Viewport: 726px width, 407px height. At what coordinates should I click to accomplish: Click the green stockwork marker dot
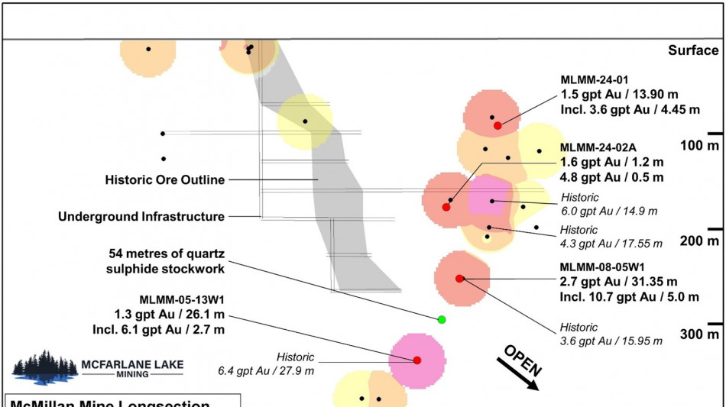441,319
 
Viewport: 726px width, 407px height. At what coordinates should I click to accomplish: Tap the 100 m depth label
701,145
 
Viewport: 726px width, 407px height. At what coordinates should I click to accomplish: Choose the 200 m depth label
701,241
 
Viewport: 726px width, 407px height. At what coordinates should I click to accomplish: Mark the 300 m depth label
701,334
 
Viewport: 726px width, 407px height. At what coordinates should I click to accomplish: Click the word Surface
693,50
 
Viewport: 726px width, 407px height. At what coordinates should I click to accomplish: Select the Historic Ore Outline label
164,180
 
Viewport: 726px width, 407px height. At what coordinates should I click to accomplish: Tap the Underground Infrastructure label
141,217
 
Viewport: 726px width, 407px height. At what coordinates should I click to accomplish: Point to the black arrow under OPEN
517,374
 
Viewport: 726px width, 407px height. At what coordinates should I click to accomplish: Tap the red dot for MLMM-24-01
498,125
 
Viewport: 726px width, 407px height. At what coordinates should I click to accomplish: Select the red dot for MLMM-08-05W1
459,279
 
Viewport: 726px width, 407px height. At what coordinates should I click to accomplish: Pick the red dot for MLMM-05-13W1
417,360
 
